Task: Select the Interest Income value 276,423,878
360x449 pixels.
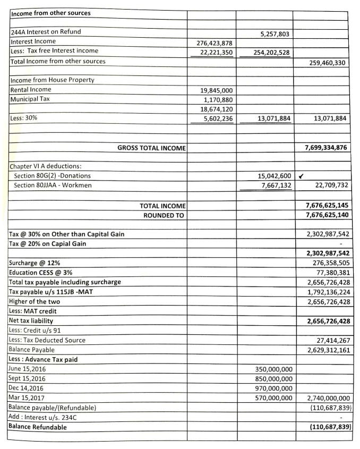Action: (x=211, y=43)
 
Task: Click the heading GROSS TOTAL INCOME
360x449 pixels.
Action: (x=151, y=147)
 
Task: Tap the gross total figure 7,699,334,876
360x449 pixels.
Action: (x=323, y=147)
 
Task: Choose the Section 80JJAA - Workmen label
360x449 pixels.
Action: (x=52, y=185)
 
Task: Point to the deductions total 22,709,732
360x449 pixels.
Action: (x=328, y=185)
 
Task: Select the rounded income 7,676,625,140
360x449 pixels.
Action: (x=323, y=215)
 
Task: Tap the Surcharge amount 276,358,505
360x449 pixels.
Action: (x=328, y=262)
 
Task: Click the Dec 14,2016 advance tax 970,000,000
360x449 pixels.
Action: (x=271, y=388)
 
